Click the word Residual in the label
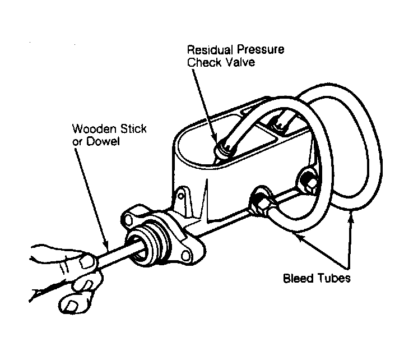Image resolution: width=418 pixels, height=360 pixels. pyautogui.click(x=210, y=50)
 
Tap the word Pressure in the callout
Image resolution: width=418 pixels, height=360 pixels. pyautogui.click(x=261, y=50)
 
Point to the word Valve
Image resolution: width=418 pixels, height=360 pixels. pyautogui.click(x=240, y=62)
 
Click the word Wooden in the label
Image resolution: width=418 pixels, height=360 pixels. pyautogui.click(x=94, y=129)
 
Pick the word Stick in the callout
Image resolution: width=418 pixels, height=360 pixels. pyautogui.click(x=133, y=129)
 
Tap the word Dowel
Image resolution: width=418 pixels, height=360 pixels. pyautogui.click(x=103, y=141)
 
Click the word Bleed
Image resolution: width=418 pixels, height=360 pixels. pyautogui.click(x=298, y=278)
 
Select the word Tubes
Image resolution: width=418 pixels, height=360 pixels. pyautogui.click(x=334, y=278)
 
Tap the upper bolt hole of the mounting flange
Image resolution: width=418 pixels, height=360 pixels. pyautogui.click(x=129, y=219)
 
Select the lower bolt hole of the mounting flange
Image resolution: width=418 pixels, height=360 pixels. pyautogui.click(x=185, y=256)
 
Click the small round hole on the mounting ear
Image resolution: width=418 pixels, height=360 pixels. pyautogui.click(x=181, y=196)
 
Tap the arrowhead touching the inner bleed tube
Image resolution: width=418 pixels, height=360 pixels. pyautogui.click(x=299, y=236)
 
